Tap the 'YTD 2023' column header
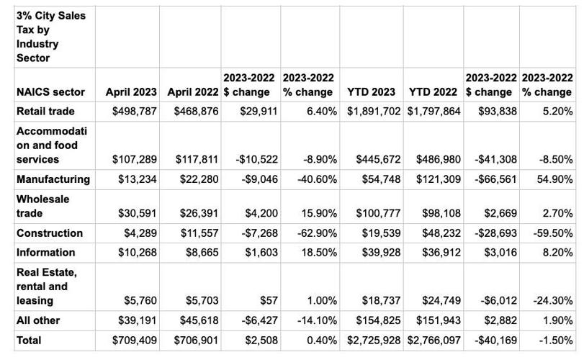tap(371, 92)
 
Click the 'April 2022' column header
tap(193, 92)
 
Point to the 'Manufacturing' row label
tap(53, 179)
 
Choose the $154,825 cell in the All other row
tap(371, 320)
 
